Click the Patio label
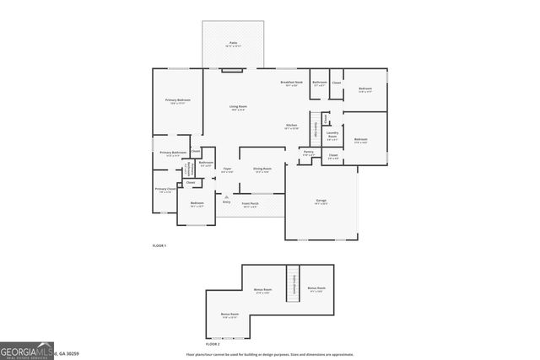(x=234, y=42)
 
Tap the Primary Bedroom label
(x=177, y=101)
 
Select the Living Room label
(x=238, y=108)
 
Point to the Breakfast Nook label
(x=292, y=83)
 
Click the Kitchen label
(x=291, y=126)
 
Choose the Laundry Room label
(x=332, y=134)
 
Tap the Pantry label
(x=308, y=153)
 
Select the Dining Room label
(x=262, y=169)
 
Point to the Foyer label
(x=227, y=169)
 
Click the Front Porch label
(x=251, y=204)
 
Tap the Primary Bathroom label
(x=173, y=153)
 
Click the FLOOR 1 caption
(x=159, y=244)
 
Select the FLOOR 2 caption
(x=213, y=344)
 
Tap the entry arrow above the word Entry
(x=226, y=196)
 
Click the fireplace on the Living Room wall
(x=232, y=71)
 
